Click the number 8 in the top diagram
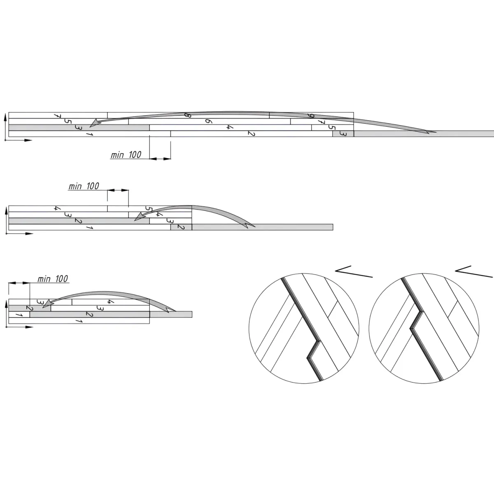pyautogui.click(x=188, y=115)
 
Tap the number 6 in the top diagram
pyautogui.click(x=208, y=121)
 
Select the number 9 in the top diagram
pyautogui.click(x=311, y=116)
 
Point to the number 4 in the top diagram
pyautogui.click(x=230, y=127)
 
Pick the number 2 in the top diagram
pyautogui.click(x=252, y=133)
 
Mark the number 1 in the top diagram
pyautogui.click(x=89, y=134)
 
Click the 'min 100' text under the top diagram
pyautogui.click(x=126, y=155)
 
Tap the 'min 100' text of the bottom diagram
pyautogui.click(x=53, y=279)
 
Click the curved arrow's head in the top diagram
pyautogui.click(x=94, y=123)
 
